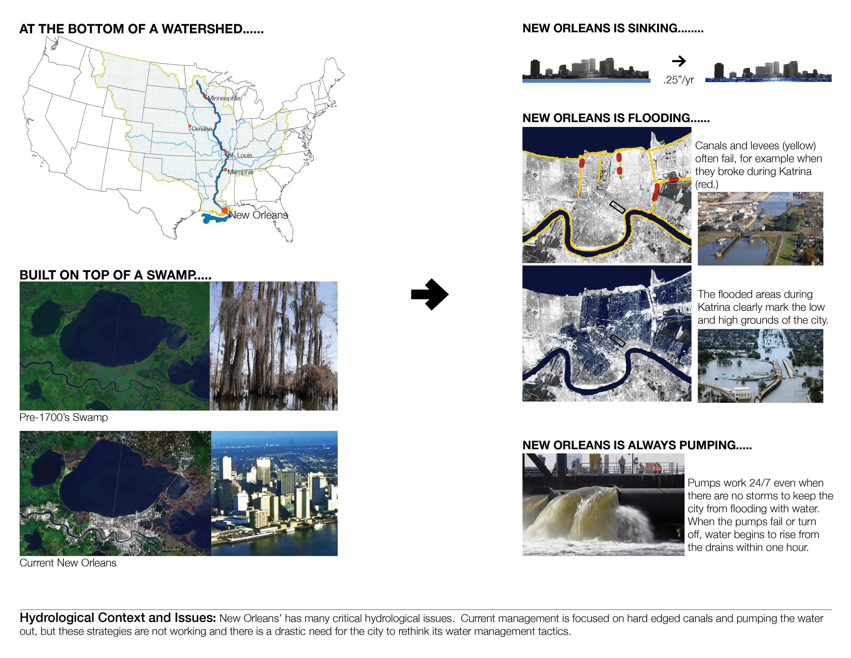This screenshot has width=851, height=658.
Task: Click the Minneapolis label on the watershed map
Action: pyautogui.click(x=224, y=98)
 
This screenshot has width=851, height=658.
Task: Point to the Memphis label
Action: pyautogui.click(x=240, y=172)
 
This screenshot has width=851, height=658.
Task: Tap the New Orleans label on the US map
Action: pyautogui.click(x=258, y=215)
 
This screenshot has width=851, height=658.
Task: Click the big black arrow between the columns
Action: pyautogui.click(x=430, y=294)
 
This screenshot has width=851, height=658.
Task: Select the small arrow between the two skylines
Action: pyautogui.click(x=679, y=61)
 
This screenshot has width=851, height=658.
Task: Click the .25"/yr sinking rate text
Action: pyautogui.click(x=678, y=80)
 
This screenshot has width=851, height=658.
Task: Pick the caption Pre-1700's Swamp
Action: pyautogui.click(x=63, y=418)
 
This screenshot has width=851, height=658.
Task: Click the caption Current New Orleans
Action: pyautogui.click(x=68, y=563)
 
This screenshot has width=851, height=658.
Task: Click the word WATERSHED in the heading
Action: pyautogui.click(x=202, y=29)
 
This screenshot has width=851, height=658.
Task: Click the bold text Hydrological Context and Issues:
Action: pyautogui.click(x=118, y=618)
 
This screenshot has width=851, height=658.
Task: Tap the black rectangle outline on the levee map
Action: pyautogui.click(x=617, y=207)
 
